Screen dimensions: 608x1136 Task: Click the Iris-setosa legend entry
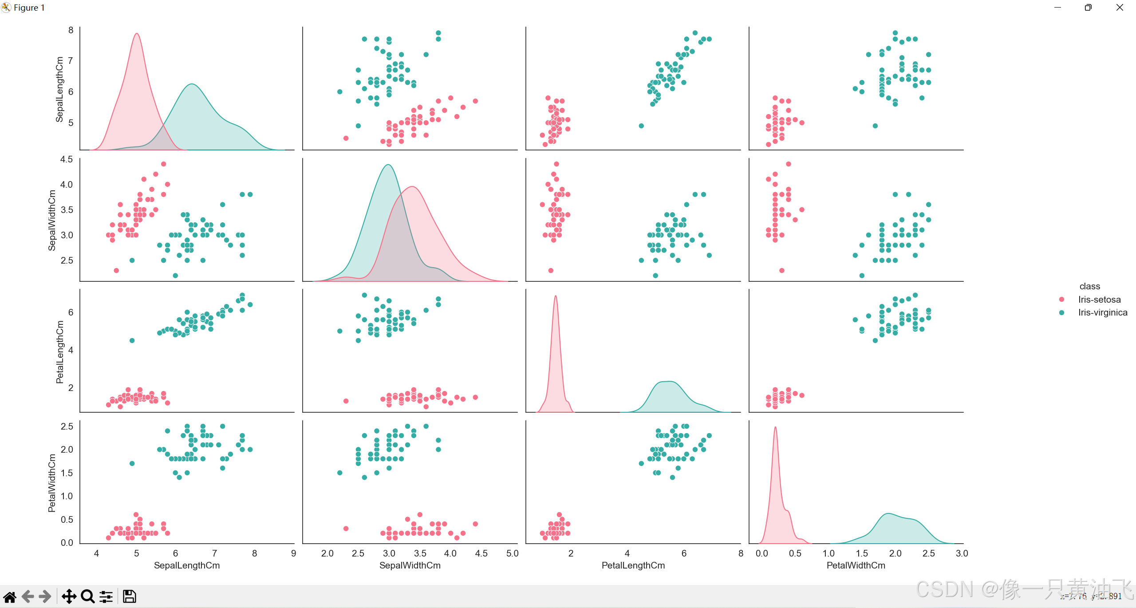(1099, 300)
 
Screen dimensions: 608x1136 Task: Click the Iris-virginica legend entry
(1102, 312)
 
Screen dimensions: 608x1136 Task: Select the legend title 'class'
(1089, 286)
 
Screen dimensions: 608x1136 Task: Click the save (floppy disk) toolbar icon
(129, 596)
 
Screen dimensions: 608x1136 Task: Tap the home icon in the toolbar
(10, 596)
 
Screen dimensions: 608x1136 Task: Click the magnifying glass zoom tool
(88, 596)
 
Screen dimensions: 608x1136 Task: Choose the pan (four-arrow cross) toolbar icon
(69, 596)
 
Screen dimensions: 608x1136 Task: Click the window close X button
(1120, 8)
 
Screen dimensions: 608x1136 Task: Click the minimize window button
(1057, 8)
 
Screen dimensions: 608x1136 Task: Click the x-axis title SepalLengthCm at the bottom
(187, 565)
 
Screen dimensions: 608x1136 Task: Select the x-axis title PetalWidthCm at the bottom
(856, 565)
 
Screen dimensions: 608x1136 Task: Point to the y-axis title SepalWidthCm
(52, 220)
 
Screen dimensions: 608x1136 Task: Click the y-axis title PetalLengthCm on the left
(60, 352)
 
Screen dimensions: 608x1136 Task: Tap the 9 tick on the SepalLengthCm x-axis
(293, 553)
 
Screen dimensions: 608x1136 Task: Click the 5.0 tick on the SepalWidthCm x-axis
(512, 553)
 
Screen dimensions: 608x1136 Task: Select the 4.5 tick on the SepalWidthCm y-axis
(67, 159)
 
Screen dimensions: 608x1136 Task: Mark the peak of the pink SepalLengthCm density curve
(137, 34)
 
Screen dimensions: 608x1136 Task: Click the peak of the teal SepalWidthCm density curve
(388, 165)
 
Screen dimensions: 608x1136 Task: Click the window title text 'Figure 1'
(29, 8)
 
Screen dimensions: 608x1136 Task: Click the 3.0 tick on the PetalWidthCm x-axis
(962, 553)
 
